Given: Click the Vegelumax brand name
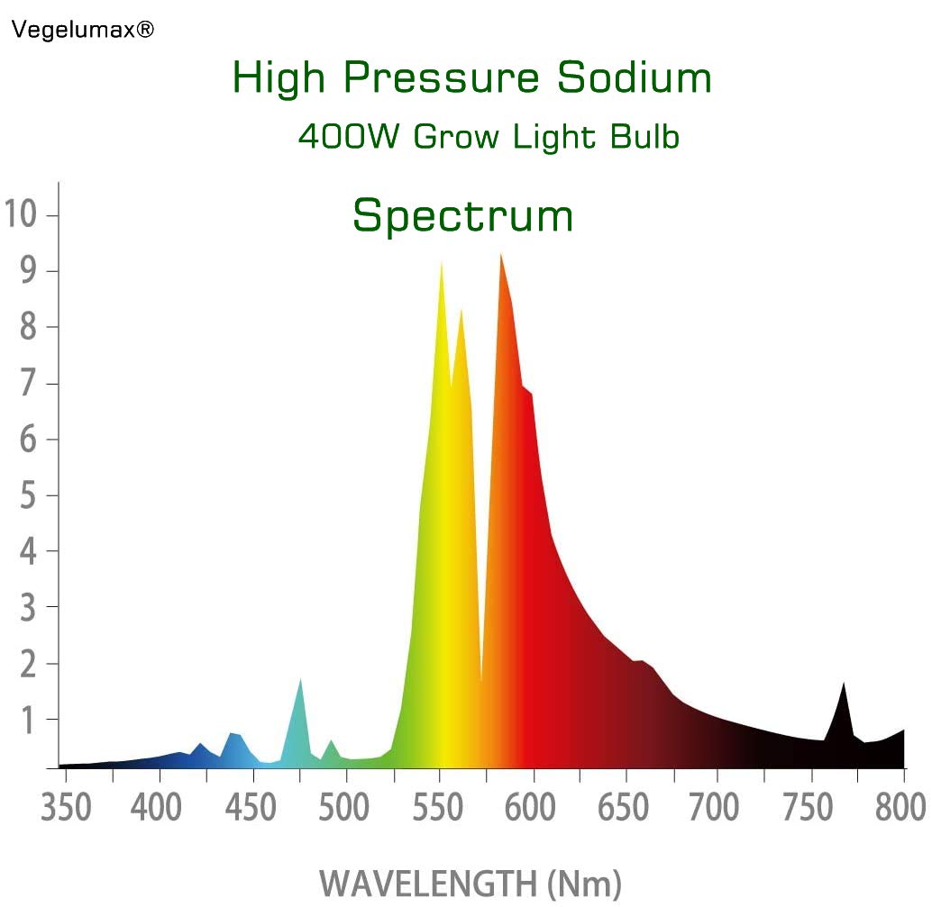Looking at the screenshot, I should [x=82, y=31].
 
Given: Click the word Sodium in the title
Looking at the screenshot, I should [x=634, y=78].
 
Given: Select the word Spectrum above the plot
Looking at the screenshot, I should [x=462, y=216].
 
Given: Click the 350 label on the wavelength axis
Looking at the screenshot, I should [x=67, y=808].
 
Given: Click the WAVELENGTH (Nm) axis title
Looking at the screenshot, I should [x=470, y=882].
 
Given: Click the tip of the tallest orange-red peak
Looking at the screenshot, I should [x=500, y=255].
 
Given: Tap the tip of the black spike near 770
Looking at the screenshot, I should [x=845, y=684].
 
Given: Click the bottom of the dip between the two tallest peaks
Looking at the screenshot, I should [x=482, y=681].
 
